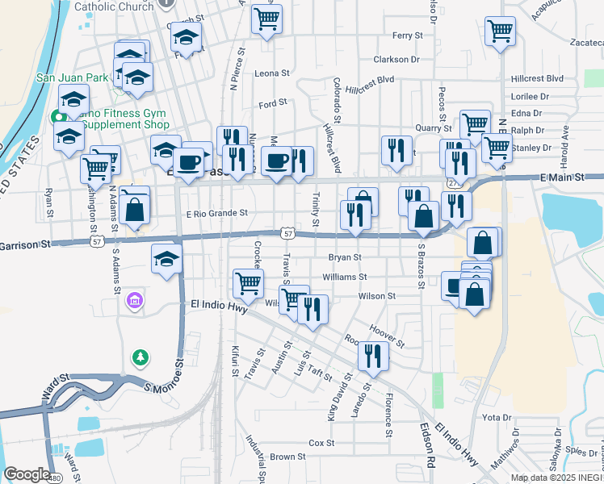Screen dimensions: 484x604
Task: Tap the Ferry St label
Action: coord(408,35)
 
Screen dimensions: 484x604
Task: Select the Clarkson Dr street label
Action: coord(396,60)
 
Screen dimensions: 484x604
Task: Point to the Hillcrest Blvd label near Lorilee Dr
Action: coord(537,78)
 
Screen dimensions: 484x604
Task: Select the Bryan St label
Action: coord(343,257)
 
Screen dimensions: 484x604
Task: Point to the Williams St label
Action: coord(345,277)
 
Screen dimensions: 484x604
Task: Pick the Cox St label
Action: coord(321,443)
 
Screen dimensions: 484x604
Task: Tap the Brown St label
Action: coord(287,457)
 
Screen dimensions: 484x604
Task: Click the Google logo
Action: coord(27,475)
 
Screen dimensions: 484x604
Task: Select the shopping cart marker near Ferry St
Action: coord(266,19)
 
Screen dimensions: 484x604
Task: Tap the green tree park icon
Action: coord(141,356)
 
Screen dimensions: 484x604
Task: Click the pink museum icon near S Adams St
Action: coord(135,302)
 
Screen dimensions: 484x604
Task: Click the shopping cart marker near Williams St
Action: coord(247,282)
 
